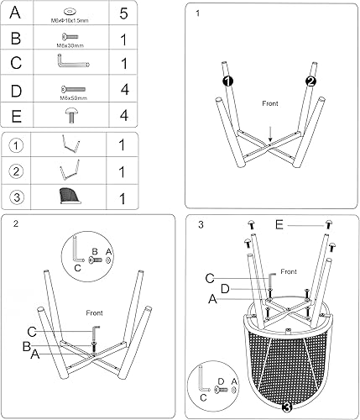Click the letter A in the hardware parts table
16,13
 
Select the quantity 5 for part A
123,13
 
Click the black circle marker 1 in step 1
227,81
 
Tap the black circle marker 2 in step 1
310,81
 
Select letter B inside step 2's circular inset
95,250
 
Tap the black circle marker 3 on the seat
287,408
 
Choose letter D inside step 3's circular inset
219,380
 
